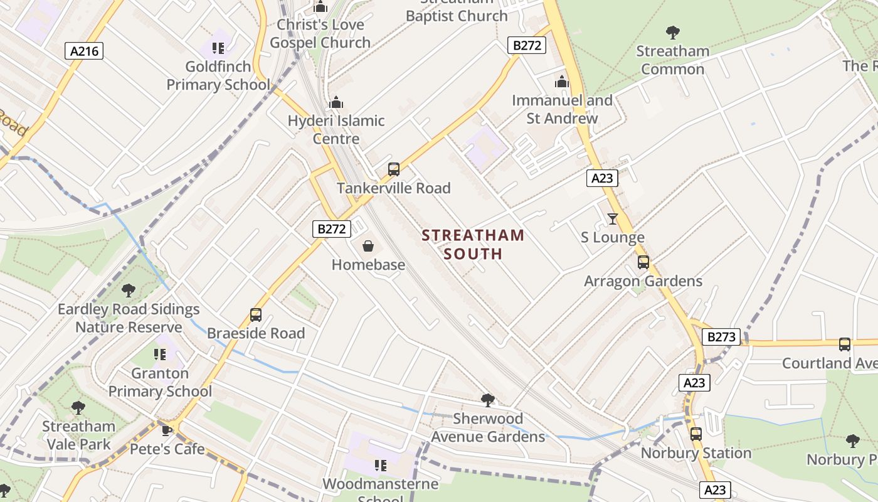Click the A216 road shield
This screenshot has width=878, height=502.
pos(84,51)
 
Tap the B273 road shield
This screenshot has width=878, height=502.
pos(721,337)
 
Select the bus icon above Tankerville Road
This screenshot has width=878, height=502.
pos(394,169)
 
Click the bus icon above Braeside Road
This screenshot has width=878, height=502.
pos(256,314)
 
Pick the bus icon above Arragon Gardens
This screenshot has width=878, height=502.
pos(643,262)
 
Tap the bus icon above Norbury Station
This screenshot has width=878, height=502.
pos(696,434)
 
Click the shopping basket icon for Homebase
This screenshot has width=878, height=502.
pos(368,245)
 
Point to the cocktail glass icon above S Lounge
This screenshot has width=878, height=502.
pos(613,218)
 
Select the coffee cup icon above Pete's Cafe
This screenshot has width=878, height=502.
pos(166,430)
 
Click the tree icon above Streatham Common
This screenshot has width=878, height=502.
pos(673,32)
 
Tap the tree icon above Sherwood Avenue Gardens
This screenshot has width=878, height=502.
pos(487,400)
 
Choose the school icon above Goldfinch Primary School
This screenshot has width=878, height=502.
pos(218,48)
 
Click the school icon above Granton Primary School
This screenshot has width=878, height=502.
pos(160,355)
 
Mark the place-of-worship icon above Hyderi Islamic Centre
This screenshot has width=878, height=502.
pos(336,102)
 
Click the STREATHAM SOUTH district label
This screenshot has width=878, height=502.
pos(473,245)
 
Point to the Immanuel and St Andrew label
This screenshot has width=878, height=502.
pos(562,109)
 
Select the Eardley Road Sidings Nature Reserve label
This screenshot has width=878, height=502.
pos(129,318)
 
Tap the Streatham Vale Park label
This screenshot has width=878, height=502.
pos(78,435)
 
